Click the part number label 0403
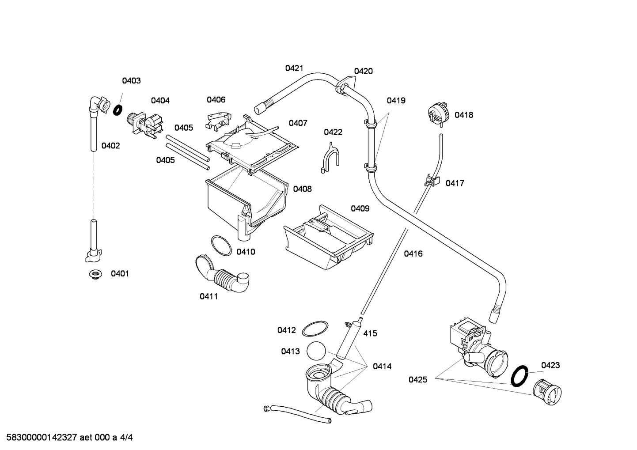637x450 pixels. [131, 80]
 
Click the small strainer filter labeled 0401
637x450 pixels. [94, 274]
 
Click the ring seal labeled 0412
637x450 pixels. [315, 329]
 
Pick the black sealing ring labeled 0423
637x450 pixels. [520, 375]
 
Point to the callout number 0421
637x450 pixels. [294, 68]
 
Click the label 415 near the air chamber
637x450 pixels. [370, 333]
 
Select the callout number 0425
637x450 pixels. [417, 379]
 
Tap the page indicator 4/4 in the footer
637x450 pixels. [126, 438]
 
